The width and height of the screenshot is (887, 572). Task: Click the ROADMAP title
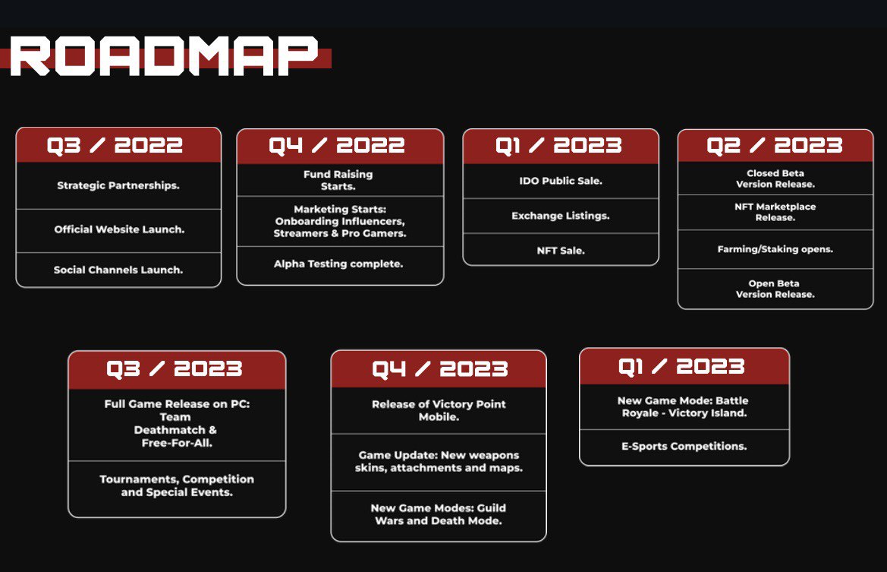164,55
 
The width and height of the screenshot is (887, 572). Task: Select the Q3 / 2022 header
118,145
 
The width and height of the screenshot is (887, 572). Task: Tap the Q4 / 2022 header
340,146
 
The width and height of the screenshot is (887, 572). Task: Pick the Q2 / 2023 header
775,145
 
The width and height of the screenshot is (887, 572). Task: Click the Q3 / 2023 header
176,369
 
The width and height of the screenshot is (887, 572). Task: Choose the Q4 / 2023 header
438,369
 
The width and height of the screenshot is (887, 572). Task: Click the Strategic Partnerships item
118,185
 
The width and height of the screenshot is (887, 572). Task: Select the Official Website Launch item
118,229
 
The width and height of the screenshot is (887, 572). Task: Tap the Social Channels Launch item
118,270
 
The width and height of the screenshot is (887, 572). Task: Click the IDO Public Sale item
560,182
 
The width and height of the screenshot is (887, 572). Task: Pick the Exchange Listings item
560,216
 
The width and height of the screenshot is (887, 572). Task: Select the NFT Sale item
560,250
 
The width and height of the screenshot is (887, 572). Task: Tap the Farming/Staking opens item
775,249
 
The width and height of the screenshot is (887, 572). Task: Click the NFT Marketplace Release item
775,212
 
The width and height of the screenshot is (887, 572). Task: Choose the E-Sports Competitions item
684,446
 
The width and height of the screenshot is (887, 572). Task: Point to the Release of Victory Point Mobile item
438,410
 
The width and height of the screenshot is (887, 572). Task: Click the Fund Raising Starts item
338,180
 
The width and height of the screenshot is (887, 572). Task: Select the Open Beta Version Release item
775,289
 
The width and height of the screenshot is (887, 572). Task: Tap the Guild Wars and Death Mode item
438,514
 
